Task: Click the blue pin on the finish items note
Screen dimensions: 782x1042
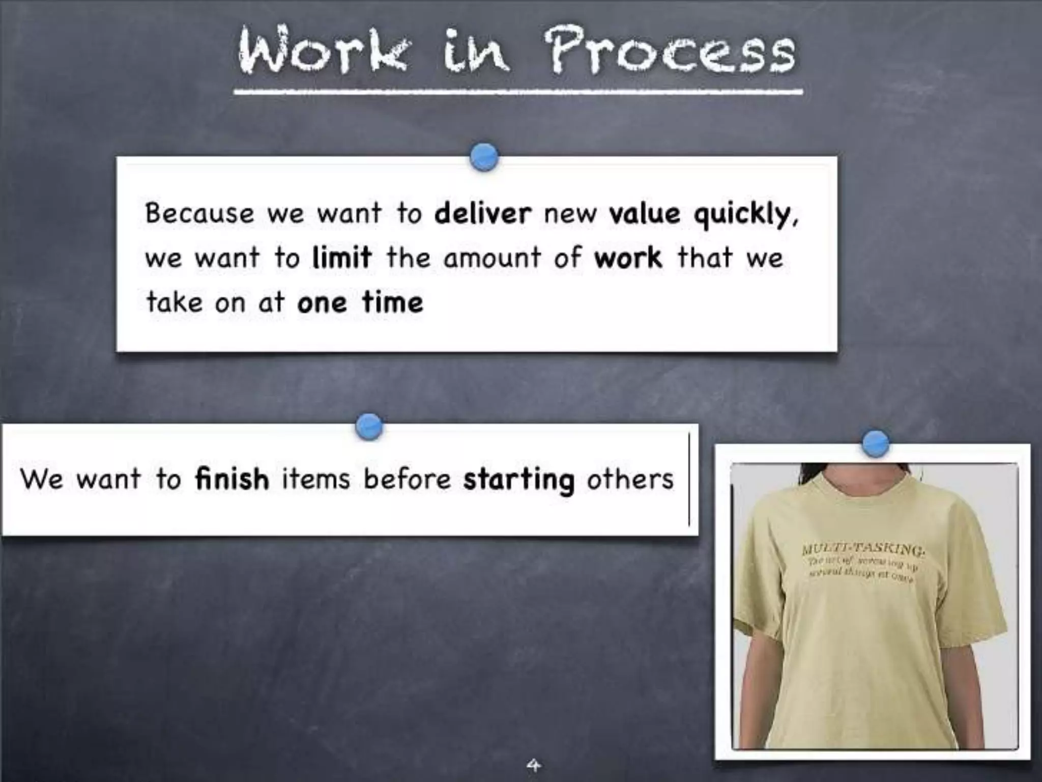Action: pos(369,426)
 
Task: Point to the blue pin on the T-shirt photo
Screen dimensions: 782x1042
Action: pos(876,443)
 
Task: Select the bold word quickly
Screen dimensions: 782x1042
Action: pos(745,215)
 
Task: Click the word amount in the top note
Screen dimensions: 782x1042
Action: pos(492,258)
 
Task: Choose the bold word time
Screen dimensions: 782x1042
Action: pos(392,302)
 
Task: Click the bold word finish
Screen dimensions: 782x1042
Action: pos(232,479)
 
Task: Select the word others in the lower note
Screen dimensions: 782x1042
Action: pos(630,479)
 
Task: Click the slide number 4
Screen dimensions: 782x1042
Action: pos(533,765)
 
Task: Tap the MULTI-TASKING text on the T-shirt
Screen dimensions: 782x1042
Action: pos(863,549)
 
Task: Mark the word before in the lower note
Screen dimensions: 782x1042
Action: pos(407,479)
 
